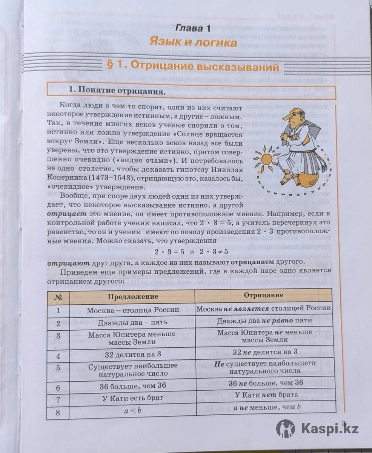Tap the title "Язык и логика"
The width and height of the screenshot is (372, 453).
[193, 42]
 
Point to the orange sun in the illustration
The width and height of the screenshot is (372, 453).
[266, 159]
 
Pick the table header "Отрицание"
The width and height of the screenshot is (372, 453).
[264, 295]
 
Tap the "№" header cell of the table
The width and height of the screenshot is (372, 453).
[58, 297]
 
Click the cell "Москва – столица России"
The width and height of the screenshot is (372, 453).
[132, 310]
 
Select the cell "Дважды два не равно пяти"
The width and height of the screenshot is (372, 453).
[264, 320]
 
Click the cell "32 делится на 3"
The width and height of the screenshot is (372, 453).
[132, 355]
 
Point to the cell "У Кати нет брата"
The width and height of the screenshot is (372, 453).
[264, 395]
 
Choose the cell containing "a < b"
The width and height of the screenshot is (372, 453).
[132, 410]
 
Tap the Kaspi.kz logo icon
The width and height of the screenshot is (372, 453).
[286, 429]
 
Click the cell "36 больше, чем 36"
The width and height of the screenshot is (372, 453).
[132, 386]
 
